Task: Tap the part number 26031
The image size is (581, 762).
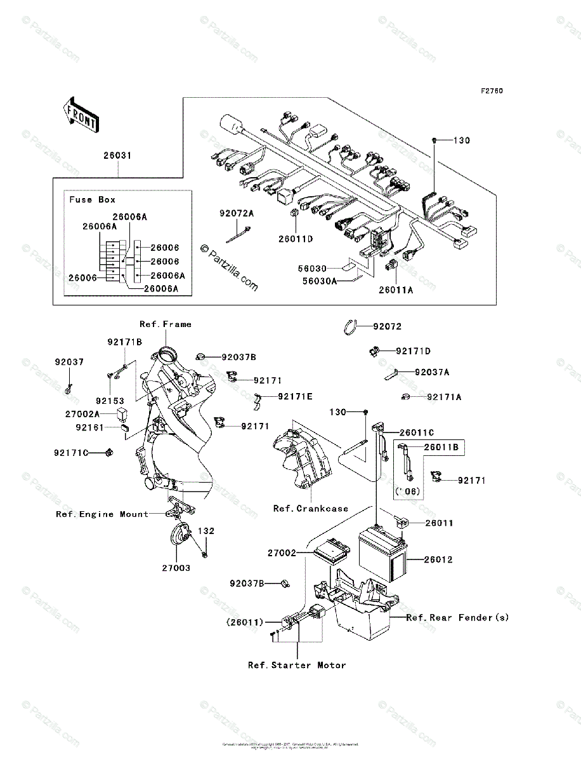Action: [x=119, y=155]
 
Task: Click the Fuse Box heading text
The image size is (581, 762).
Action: [x=93, y=199]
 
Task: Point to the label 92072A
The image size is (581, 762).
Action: [x=237, y=214]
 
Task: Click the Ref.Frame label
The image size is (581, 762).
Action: [x=166, y=324]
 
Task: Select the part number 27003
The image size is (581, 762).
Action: [x=176, y=568]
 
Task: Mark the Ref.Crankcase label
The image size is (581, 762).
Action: [x=311, y=509]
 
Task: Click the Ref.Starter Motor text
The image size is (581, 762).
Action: [x=297, y=665]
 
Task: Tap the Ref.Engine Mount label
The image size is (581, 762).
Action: [x=102, y=514]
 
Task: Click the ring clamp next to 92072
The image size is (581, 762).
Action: [x=349, y=327]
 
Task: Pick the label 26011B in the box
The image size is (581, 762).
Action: [x=441, y=447]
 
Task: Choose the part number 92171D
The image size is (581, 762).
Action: [x=413, y=351]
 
